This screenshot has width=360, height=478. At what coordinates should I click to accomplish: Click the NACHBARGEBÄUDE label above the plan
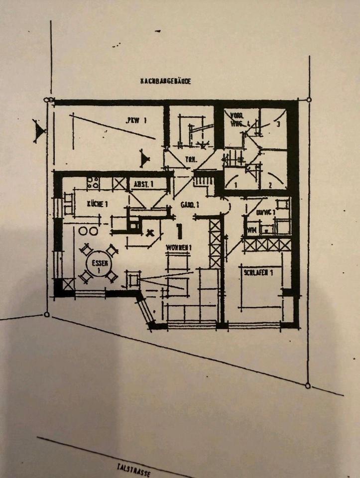click(166, 81)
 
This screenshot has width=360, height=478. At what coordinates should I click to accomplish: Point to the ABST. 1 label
click(143, 185)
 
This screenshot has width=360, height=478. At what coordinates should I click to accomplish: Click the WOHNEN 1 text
click(179, 247)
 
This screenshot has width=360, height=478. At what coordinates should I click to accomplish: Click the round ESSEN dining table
click(96, 264)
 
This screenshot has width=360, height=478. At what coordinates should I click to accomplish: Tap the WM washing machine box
click(251, 230)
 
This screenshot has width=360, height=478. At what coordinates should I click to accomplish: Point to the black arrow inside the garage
click(145, 159)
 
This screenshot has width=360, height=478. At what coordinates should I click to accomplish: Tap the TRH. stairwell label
click(190, 160)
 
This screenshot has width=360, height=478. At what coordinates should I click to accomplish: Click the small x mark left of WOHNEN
click(150, 232)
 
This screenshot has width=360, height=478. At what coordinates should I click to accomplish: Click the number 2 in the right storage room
click(269, 185)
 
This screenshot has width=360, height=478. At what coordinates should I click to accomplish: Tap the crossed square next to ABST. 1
click(119, 183)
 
